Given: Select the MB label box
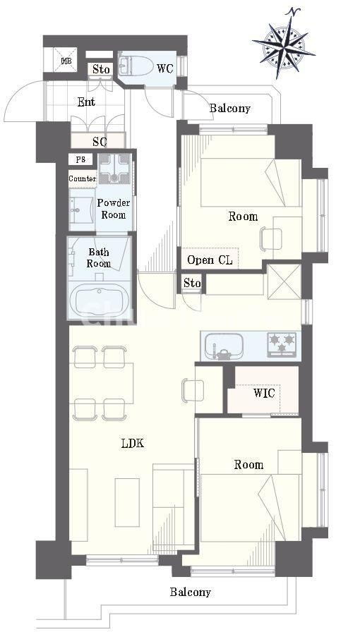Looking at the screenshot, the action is [65, 61].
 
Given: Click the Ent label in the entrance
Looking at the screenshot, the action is [86, 102].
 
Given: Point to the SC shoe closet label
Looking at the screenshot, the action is [100, 142].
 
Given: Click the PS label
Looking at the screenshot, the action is [80, 159].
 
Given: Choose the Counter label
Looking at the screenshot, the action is [83, 178].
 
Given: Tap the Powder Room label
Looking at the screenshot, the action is [114, 209].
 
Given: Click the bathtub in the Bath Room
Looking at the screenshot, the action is [100, 300].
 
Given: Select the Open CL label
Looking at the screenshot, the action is [210, 260].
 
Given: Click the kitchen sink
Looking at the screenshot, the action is [224, 346].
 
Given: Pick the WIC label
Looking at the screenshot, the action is [264, 393].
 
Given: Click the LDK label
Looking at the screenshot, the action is [133, 444].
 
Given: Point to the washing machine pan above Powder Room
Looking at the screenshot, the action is [114, 169].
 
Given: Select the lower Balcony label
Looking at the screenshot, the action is [190, 592].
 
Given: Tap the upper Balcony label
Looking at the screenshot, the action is [229, 108].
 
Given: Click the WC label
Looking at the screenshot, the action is [165, 68].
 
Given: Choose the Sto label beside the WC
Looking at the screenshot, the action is [100, 69].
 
